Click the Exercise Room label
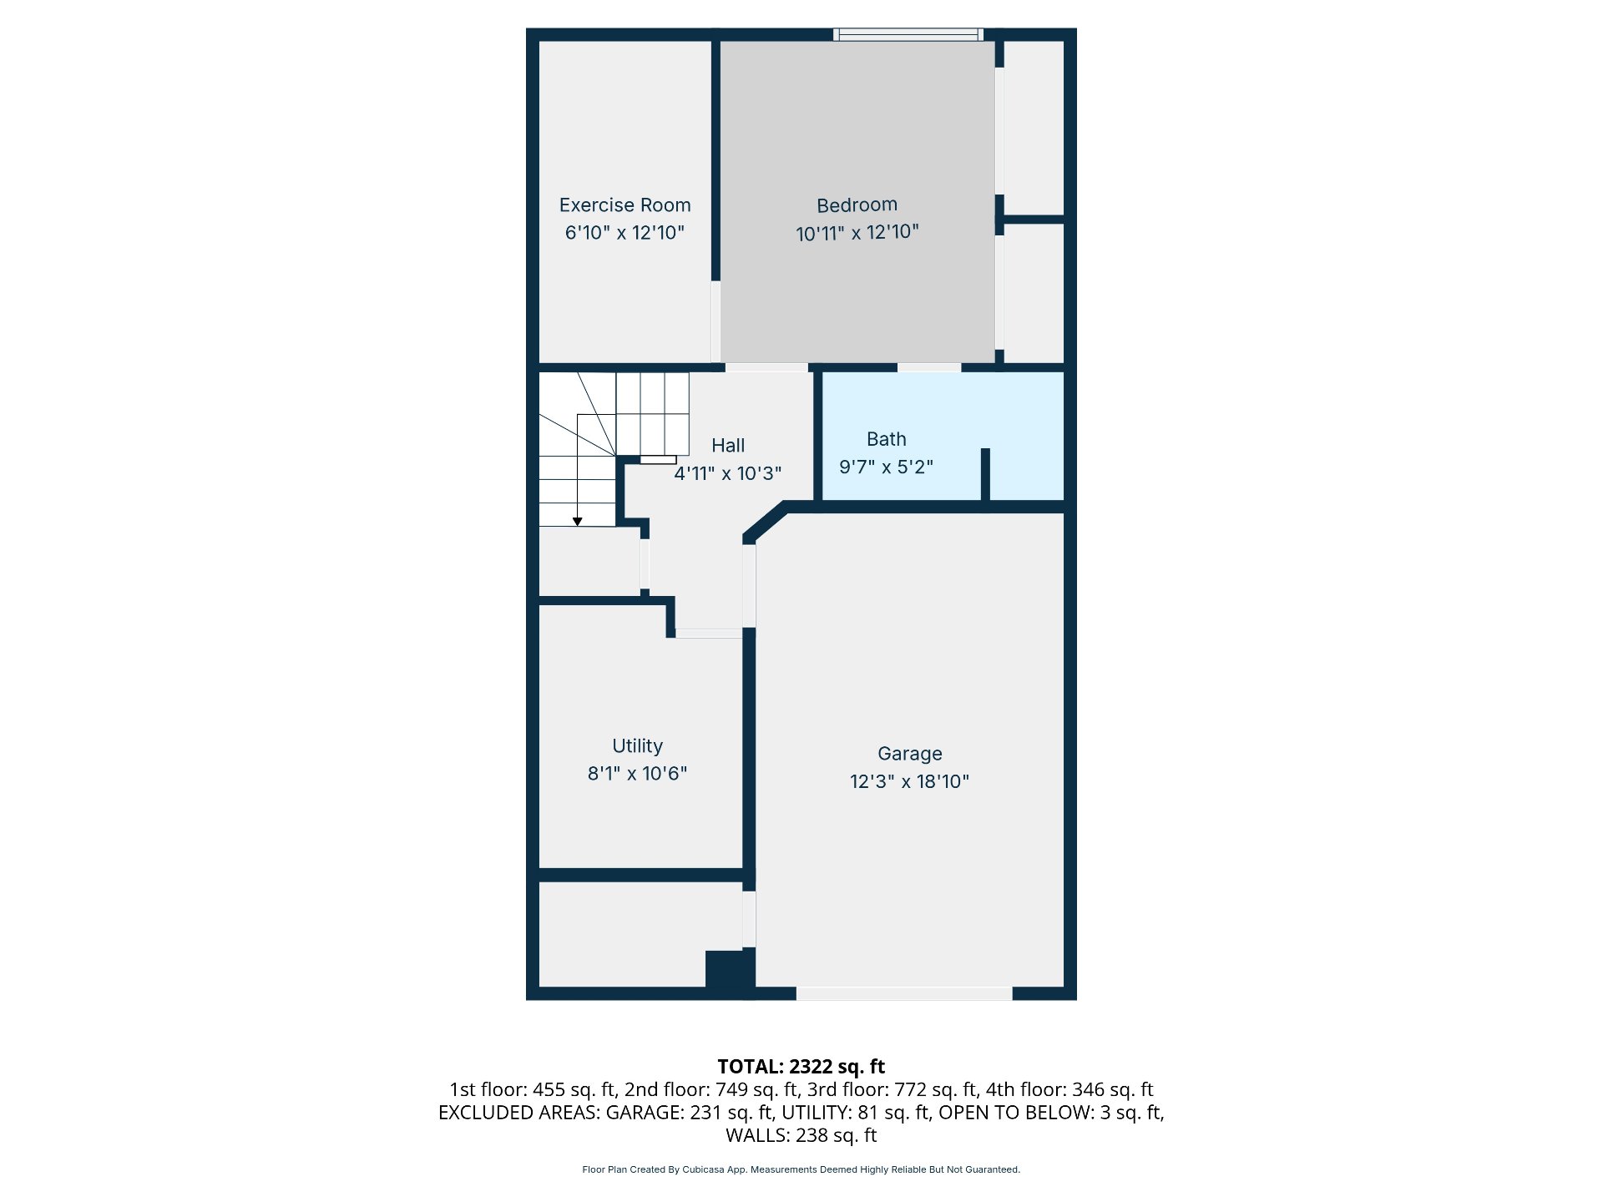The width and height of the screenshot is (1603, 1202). [x=625, y=205]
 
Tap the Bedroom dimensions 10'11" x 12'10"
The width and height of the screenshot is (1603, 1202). [x=857, y=232]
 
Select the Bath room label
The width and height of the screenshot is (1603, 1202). [x=886, y=439]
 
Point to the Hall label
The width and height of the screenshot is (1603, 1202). [x=728, y=446]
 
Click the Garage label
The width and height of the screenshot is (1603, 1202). [x=909, y=754]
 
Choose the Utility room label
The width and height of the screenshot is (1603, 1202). [x=637, y=746]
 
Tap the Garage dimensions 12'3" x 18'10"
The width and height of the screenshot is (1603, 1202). [x=909, y=781]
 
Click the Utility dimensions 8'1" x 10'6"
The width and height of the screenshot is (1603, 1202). [x=637, y=774]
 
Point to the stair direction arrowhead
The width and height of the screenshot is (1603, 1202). [x=577, y=522]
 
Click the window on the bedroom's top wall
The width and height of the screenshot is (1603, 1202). [x=908, y=34]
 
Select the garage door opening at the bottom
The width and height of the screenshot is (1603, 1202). [x=904, y=993]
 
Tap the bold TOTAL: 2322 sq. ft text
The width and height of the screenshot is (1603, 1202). [x=801, y=1066]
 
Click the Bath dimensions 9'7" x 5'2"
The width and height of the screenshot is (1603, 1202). [x=886, y=467]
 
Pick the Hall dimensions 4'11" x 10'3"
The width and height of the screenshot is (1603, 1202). [x=728, y=473]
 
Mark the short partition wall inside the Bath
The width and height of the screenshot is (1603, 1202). [x=985, y=475]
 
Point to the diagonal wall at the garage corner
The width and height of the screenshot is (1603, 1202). [x=765, y=523]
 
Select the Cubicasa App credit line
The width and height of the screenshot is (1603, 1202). [x=801, y=1169]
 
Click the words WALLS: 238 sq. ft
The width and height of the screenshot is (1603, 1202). [x=801, y=1135]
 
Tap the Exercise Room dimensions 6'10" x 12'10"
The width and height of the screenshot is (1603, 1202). [x=625, y=233]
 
